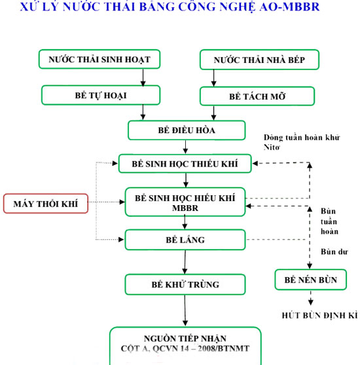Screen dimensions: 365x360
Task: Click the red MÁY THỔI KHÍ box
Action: tap(45, 204)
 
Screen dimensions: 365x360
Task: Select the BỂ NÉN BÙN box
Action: tap(311, 280)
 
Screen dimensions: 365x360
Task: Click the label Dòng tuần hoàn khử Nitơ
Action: tap(293, 142)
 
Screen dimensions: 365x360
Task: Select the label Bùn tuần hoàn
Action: tap(329, 221)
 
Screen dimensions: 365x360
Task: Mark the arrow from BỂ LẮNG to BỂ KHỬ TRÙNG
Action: tap(185, 261)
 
